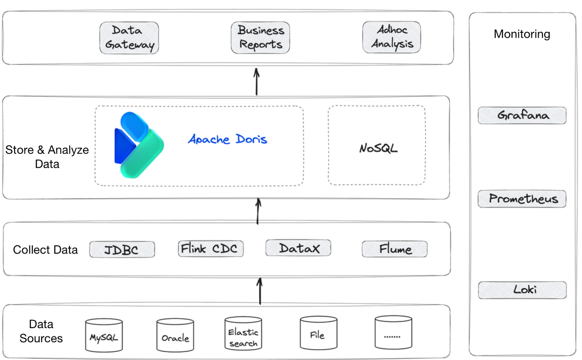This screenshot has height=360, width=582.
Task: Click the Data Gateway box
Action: click(x=129, y=38)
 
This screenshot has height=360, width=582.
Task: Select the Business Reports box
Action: click(x=261, y=38)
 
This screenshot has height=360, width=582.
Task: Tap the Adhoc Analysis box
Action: click(x=391, y=37)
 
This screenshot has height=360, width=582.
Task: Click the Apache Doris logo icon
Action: click(x=139, y=144)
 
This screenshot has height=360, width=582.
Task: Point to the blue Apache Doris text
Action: click(x=228, y=139)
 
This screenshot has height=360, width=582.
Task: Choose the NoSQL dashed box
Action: click(x=377, y=145)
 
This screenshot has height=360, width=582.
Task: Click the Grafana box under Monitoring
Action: click(x=522, y=115)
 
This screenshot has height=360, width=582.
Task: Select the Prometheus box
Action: click(x=522, y=199)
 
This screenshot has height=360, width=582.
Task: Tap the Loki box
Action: click(x=522, y=290)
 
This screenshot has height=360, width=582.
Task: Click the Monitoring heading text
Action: click(x=522, y=34)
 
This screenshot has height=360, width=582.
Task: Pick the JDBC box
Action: click(x=122, y=250)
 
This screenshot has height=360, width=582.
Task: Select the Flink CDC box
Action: click(x=211, y=249)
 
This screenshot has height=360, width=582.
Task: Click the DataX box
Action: click(x=298, y=248)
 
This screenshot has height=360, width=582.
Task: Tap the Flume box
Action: click(x=395, y=249)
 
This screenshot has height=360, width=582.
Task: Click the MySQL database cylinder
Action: click(x=104, y=335)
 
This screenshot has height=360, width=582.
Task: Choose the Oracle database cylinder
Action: click(x=175, y=335)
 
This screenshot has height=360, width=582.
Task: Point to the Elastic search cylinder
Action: click(x=243, y=334)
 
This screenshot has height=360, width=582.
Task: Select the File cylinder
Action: click(x=318, y=334)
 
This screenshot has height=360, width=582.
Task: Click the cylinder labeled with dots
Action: click(x=394, y=334)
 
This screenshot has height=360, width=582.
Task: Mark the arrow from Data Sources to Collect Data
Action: click(x=260, y=292)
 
